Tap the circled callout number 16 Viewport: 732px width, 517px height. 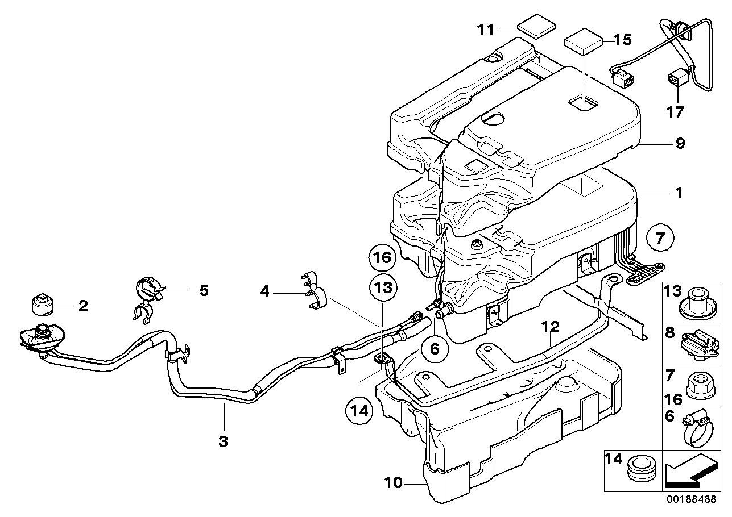(x=382, y=258)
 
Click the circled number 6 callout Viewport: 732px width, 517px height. (x=435, y=349)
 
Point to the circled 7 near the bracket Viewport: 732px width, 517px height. (x=660, y=237)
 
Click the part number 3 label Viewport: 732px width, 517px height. (x=223, y=442)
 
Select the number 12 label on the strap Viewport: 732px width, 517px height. (x=551, y=327)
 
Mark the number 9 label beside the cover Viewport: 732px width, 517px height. (x=680, y=143)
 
